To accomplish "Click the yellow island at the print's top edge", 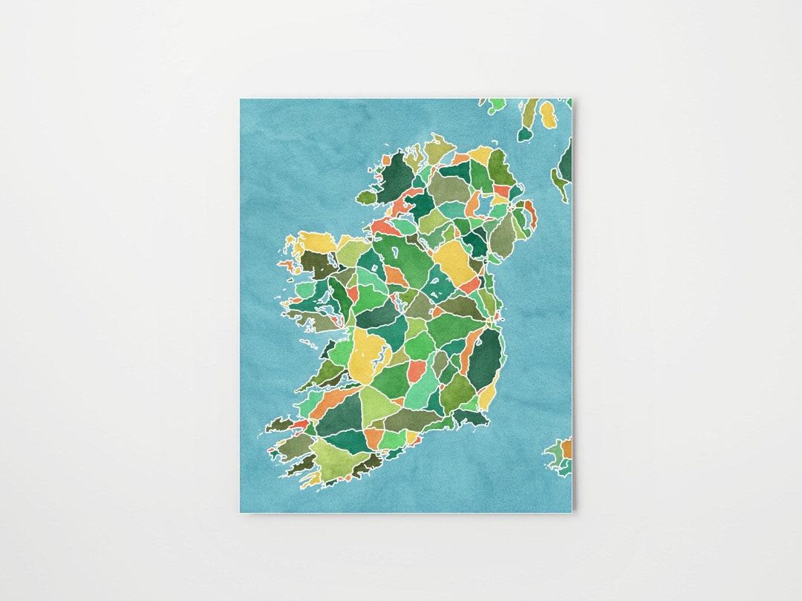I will tap(547, 114).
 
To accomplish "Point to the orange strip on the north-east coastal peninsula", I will tap(530, 213).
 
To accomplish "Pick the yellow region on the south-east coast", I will tap(487, 398).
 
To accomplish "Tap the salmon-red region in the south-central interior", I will tap(417, 370).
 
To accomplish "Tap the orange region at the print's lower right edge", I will tap(567, 448).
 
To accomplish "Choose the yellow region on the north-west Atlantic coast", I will tap(316, 242).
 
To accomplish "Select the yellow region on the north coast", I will tap(480, 154).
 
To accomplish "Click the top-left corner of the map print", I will tap(241, 99).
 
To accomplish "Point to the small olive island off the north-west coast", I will tap(367, 197).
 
